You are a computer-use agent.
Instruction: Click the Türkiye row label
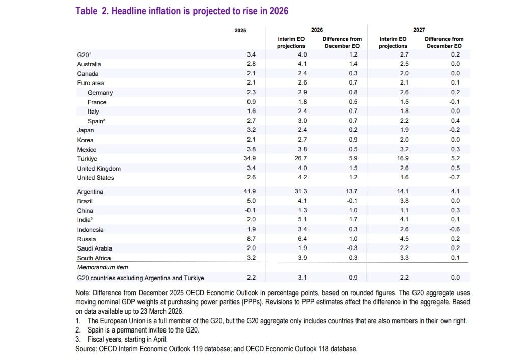tap(87, 159)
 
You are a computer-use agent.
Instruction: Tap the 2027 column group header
tap(419, 30)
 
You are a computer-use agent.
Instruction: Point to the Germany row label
tap(100, 93)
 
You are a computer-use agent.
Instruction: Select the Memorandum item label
tap(102, 267)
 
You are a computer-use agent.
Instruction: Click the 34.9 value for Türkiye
tap(250, 159)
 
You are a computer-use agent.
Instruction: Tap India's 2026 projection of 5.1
tap(302, 220)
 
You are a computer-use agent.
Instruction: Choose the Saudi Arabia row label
tap(95, 248)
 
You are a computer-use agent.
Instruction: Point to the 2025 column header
tap(240, 30)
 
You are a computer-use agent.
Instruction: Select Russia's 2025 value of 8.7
tap(252, 239)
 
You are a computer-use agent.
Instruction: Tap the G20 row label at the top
tap(84, 54)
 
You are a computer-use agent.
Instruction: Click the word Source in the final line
tap(86, 349)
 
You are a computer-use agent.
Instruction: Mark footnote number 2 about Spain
tap(79, 330)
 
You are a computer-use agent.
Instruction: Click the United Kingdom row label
tap(99, 169)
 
